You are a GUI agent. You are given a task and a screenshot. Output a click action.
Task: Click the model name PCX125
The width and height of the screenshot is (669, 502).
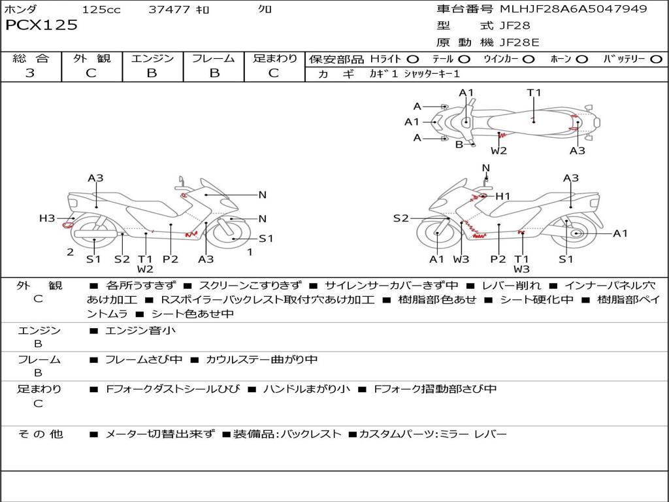tap(41, 25)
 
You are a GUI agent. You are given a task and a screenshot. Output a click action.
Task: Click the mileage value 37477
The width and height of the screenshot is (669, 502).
tap(169, 10)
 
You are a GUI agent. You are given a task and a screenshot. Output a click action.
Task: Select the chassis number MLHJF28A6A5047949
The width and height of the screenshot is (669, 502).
tap(573, 9)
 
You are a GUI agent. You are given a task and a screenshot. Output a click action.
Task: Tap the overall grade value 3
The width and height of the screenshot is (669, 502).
tap(30, 73)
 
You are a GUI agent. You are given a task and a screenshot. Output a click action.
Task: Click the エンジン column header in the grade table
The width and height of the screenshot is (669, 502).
tap(152, 59)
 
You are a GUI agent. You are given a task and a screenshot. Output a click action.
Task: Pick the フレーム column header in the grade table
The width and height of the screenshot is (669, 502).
tap(214, 59)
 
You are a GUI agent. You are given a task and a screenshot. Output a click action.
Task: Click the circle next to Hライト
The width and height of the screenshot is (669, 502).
tap(413, 59)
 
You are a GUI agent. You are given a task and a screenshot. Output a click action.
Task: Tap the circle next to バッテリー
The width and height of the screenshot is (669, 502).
tap(656, 59)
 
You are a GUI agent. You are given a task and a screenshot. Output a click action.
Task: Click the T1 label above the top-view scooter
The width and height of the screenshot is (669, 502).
tap(534, 93)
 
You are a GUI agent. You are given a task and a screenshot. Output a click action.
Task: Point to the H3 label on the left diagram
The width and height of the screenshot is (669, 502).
tap(47, 218)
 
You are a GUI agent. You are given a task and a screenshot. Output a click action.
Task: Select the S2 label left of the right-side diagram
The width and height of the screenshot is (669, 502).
tap(400, 218)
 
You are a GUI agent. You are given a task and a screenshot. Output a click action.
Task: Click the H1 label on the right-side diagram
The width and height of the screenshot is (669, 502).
tap(502, 196)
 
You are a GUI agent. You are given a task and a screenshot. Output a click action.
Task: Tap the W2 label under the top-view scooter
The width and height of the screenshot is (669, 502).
tap(499, 151)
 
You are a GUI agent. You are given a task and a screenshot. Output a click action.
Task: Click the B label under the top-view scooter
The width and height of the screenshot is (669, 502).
tap(459, 144)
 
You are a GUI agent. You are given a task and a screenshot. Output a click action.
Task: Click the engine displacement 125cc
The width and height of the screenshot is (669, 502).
tap(101, 10)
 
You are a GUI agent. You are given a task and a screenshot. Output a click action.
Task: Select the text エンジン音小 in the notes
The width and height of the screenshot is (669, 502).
tap(140, 331)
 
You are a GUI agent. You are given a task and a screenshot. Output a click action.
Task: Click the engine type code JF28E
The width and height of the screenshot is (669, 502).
tap(519, 43)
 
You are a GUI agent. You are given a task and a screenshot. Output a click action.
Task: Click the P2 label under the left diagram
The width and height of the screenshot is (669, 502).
tap(171, 259)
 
